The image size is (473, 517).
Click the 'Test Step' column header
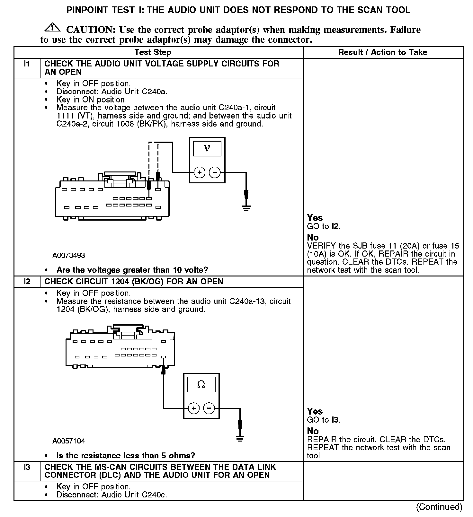pyautogui.click(x=153, y=52)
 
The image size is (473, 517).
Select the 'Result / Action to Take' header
pyautogui.click(x=383, y=52)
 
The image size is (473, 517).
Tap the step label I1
pyautogui.click(x=27, y=64)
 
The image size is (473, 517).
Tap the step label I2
pyautogui.click(x=27, y=282)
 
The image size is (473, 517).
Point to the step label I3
pyautogui.click(x=27, y=467)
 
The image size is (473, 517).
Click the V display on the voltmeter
pyautogui.click(x=207, y=148)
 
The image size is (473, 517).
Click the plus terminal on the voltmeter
pyautogui.click(x=200, y=172)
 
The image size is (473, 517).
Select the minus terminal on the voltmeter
pyautogui.click(x=215, y=172)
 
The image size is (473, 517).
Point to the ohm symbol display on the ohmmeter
pyautogui.click(x=201, y=384)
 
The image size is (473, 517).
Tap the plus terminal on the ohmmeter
pyautogui.click(x=193, y=408)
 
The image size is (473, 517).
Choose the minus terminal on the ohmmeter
pyautogui.click(x=209, y=408)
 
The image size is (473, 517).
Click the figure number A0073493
pyautogui.click(x=69, y=256)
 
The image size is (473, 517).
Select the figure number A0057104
pyautogui.click(x=69, y=441)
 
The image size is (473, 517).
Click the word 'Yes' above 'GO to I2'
pyautogui.click(x=315, y=218)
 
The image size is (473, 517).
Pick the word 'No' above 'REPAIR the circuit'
pyautogui.click(x=313, y=431)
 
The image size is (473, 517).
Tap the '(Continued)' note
pyautogui.click(x=439, y=507)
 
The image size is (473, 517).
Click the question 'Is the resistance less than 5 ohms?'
pyautogui.click(x=126, y=456)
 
